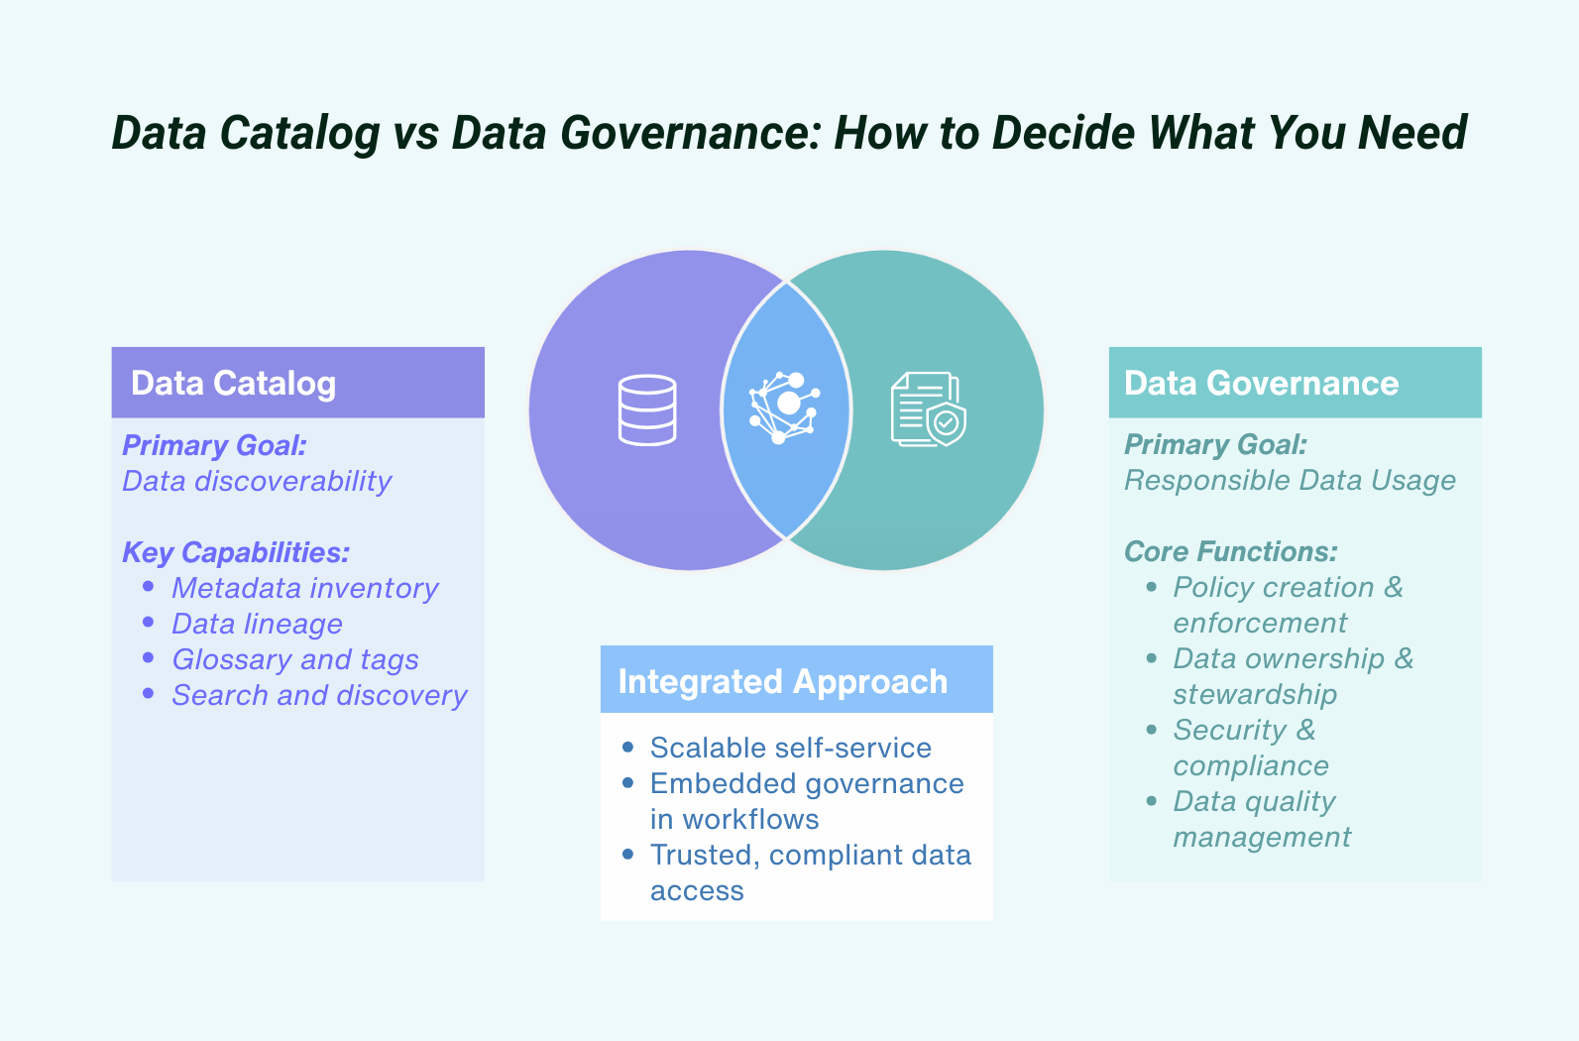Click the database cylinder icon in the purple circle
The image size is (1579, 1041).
click(x=647, y=409)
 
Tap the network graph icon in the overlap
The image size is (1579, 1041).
click(x=784, y=408)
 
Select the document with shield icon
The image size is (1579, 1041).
click(x=928, y=409)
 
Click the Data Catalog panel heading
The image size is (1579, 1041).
click(x=234, y=384)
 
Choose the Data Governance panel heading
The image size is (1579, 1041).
click(x=1261, y=384)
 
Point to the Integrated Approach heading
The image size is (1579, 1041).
click(x=782, y=682)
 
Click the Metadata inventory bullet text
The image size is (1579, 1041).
click(x=304, y=588)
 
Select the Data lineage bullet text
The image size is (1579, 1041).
click(x=257, y=624)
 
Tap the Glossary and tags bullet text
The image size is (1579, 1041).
click(x=294, y=659)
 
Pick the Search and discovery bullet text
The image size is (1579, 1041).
click(x=319, y=695)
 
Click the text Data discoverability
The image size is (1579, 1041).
click(x=257, y=481)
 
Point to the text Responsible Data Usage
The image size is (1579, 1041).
click(x=1290, y=481)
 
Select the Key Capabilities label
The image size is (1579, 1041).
click(x=236, y=552)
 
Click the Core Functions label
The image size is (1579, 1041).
click(x=1230, y=551)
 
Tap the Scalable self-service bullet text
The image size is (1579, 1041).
click(x=790, y=748)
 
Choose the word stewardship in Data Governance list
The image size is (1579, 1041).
click(x=1255, y=694)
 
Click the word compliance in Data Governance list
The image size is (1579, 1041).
click(x=1251, y=765)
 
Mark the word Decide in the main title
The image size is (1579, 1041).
click(x=1063, y=133)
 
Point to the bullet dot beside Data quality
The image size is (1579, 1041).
click(x=1151, y=800)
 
